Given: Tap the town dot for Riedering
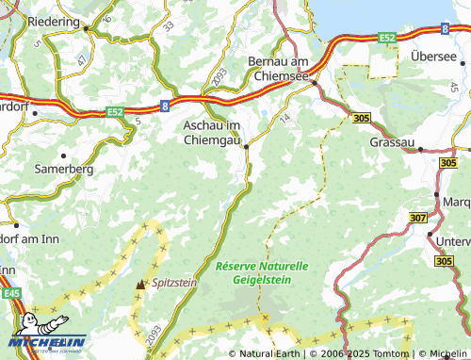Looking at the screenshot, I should [x=86, y=29].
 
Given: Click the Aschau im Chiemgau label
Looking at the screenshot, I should [x=212, y=133].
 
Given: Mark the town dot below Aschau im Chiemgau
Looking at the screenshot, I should [x=247, y=146].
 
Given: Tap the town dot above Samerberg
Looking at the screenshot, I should [x=64, y=155].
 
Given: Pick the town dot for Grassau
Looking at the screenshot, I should [x=420, y=149].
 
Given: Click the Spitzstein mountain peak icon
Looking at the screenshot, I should [x=141, y=283].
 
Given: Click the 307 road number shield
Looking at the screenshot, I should [x=418, y=218].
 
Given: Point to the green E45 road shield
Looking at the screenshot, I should [x=11, y=294].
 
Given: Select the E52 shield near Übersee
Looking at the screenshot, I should [x=386, y=37].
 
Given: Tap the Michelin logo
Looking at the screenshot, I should [x=47, y=342].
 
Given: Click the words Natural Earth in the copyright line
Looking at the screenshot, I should [x=271, y=353].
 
